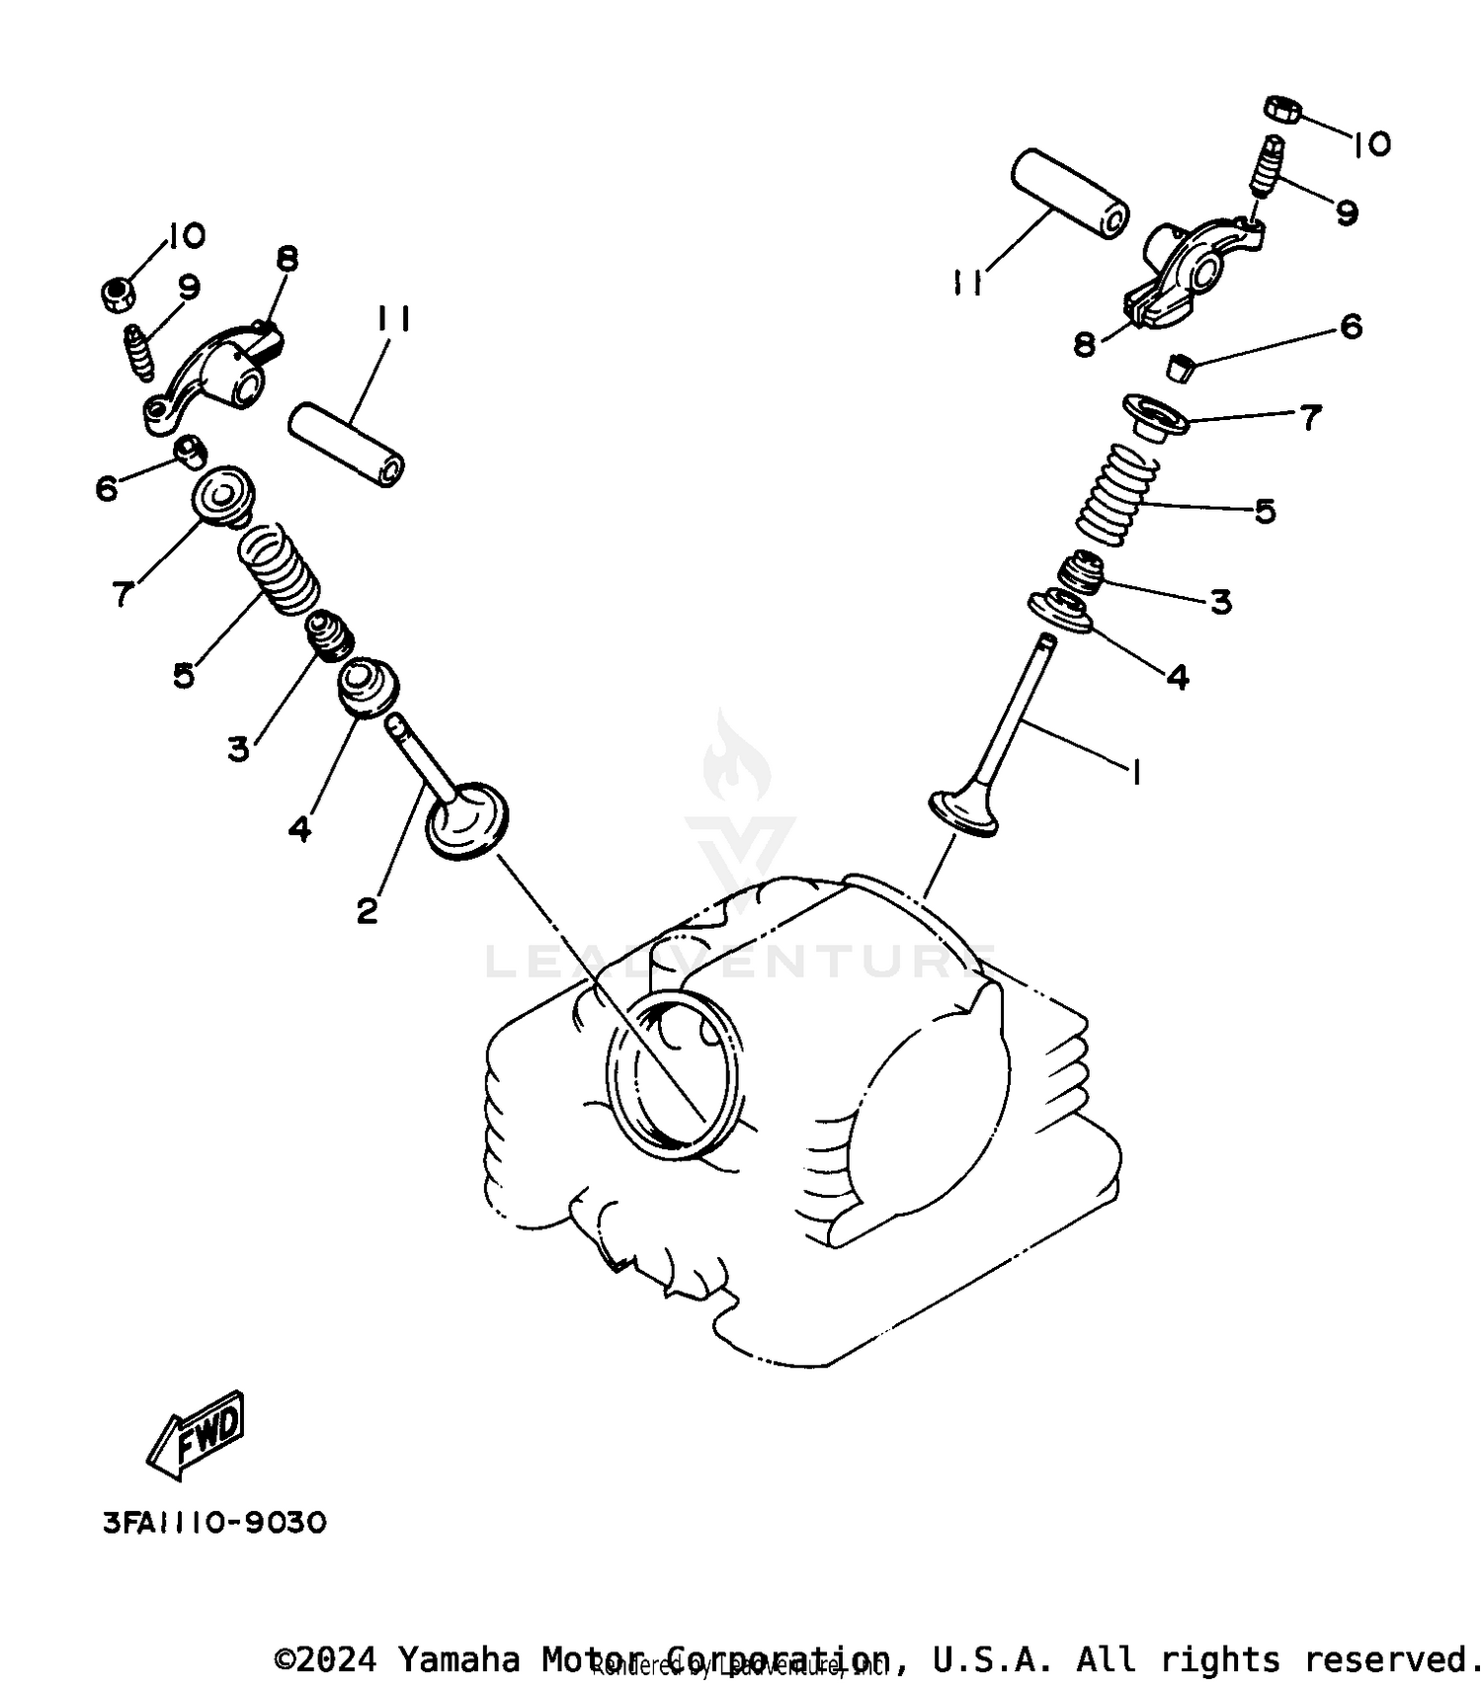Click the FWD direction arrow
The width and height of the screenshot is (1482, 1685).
point(196,1435)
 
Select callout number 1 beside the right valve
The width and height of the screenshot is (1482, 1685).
point(1135,772)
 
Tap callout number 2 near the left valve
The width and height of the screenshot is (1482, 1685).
point(367,911)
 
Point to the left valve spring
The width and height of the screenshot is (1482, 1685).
point(281,569)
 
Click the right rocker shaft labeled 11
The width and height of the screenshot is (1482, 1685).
point(1069,193)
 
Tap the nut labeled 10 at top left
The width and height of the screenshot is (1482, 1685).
point(118,294)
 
